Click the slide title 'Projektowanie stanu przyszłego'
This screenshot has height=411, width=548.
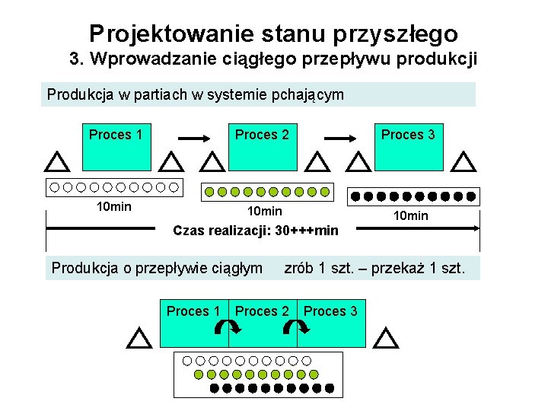pyautogui.click(x=273, y=33)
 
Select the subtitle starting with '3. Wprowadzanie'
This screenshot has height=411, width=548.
pyautogui.click(x=273, y=59)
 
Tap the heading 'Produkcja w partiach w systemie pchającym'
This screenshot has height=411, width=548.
pyautogui.click(x=196, y=95)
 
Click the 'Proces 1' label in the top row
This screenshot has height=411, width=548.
pyautogui.click(x=116, y=135)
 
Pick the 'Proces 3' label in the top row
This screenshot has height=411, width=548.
pyautogui.click(x=408, y=135)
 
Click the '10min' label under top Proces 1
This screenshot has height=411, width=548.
pyautogui.click(x=114, y=207)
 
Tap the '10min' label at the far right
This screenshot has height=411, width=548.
pyautogui.click(x=411, y=216)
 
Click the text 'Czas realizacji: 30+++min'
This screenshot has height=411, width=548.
pyautogui.click(x=256, y=230)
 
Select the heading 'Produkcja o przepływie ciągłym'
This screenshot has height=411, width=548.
pyautogui.click(x=157, y=268)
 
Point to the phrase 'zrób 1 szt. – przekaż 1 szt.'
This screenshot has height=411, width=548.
pyautogui.click(x=374, y=268)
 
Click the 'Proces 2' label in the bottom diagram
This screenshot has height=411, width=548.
pyautogui.click(x=262, y=311)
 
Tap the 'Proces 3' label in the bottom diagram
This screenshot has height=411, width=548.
pyautogui.click(x=330, y=311)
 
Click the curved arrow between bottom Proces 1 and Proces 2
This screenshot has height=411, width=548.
pyautogui.click(x=228, y=328)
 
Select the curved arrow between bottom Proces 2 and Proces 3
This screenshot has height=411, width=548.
pyautogui.click(x=296, y=328)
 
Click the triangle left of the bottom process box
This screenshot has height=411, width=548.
pyautogui.click(x=139, y=338)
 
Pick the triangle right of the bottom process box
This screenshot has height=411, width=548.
pyautogui.click(x=387, y=338)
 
